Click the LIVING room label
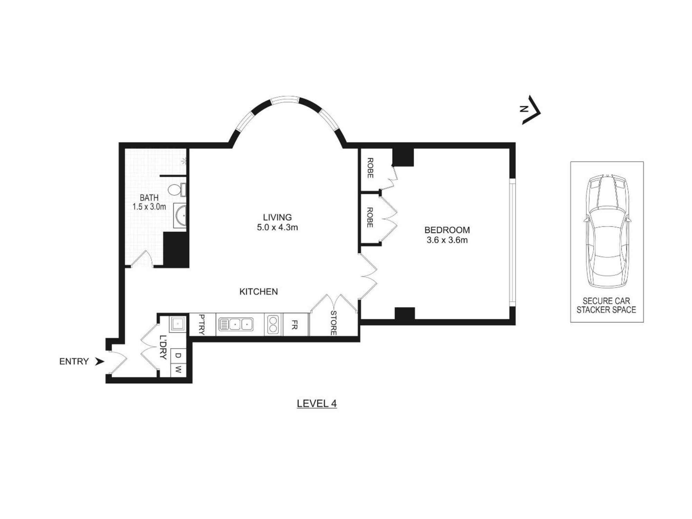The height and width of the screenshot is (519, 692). click(277, 217)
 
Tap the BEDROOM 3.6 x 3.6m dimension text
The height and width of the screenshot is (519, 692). click(447, 240)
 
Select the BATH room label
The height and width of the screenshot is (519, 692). click(149, 198)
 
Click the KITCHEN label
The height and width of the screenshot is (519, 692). click(258, 292)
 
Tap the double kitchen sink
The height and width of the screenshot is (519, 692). click(236, 325)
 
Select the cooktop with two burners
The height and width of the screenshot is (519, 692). click(273, 324)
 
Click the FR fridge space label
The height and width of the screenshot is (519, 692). click(294, 325)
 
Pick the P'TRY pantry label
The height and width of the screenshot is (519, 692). click(202, 325)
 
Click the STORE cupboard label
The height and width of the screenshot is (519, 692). click(333, 323)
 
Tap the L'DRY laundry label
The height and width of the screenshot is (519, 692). click(163, 347)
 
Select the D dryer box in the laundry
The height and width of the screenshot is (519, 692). click(178, 355)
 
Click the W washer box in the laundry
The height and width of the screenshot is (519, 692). click(178, 370)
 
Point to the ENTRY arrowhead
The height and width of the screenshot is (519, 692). click(100, 362)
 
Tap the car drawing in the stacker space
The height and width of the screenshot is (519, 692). click(607, 231)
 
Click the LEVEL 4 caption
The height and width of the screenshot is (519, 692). click(317, 403)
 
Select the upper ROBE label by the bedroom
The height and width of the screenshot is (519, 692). click(370, 168)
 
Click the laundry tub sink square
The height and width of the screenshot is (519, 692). click(178, 324)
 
